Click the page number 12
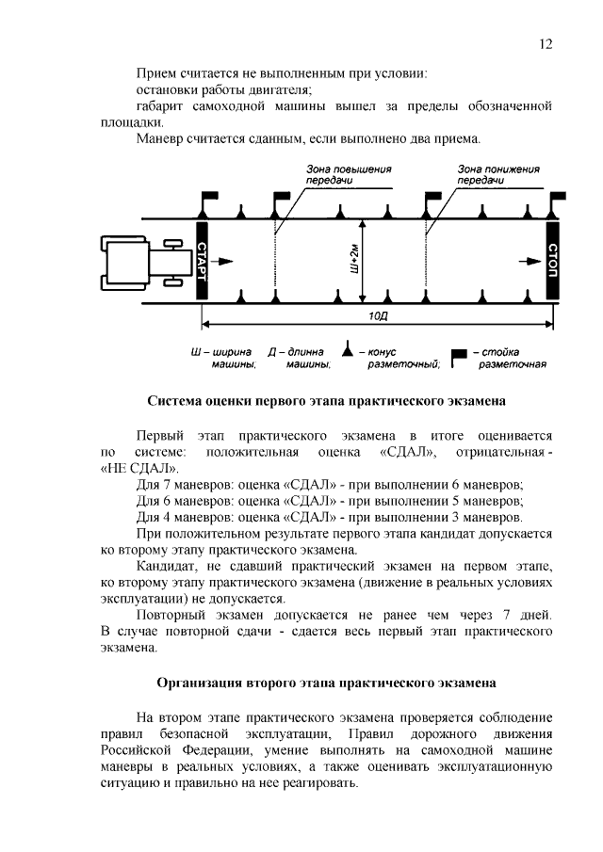click(546, 44)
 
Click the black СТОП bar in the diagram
click(552, 260)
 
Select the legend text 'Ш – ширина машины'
click(224, 358)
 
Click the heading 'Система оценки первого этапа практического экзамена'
click(326, 401)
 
